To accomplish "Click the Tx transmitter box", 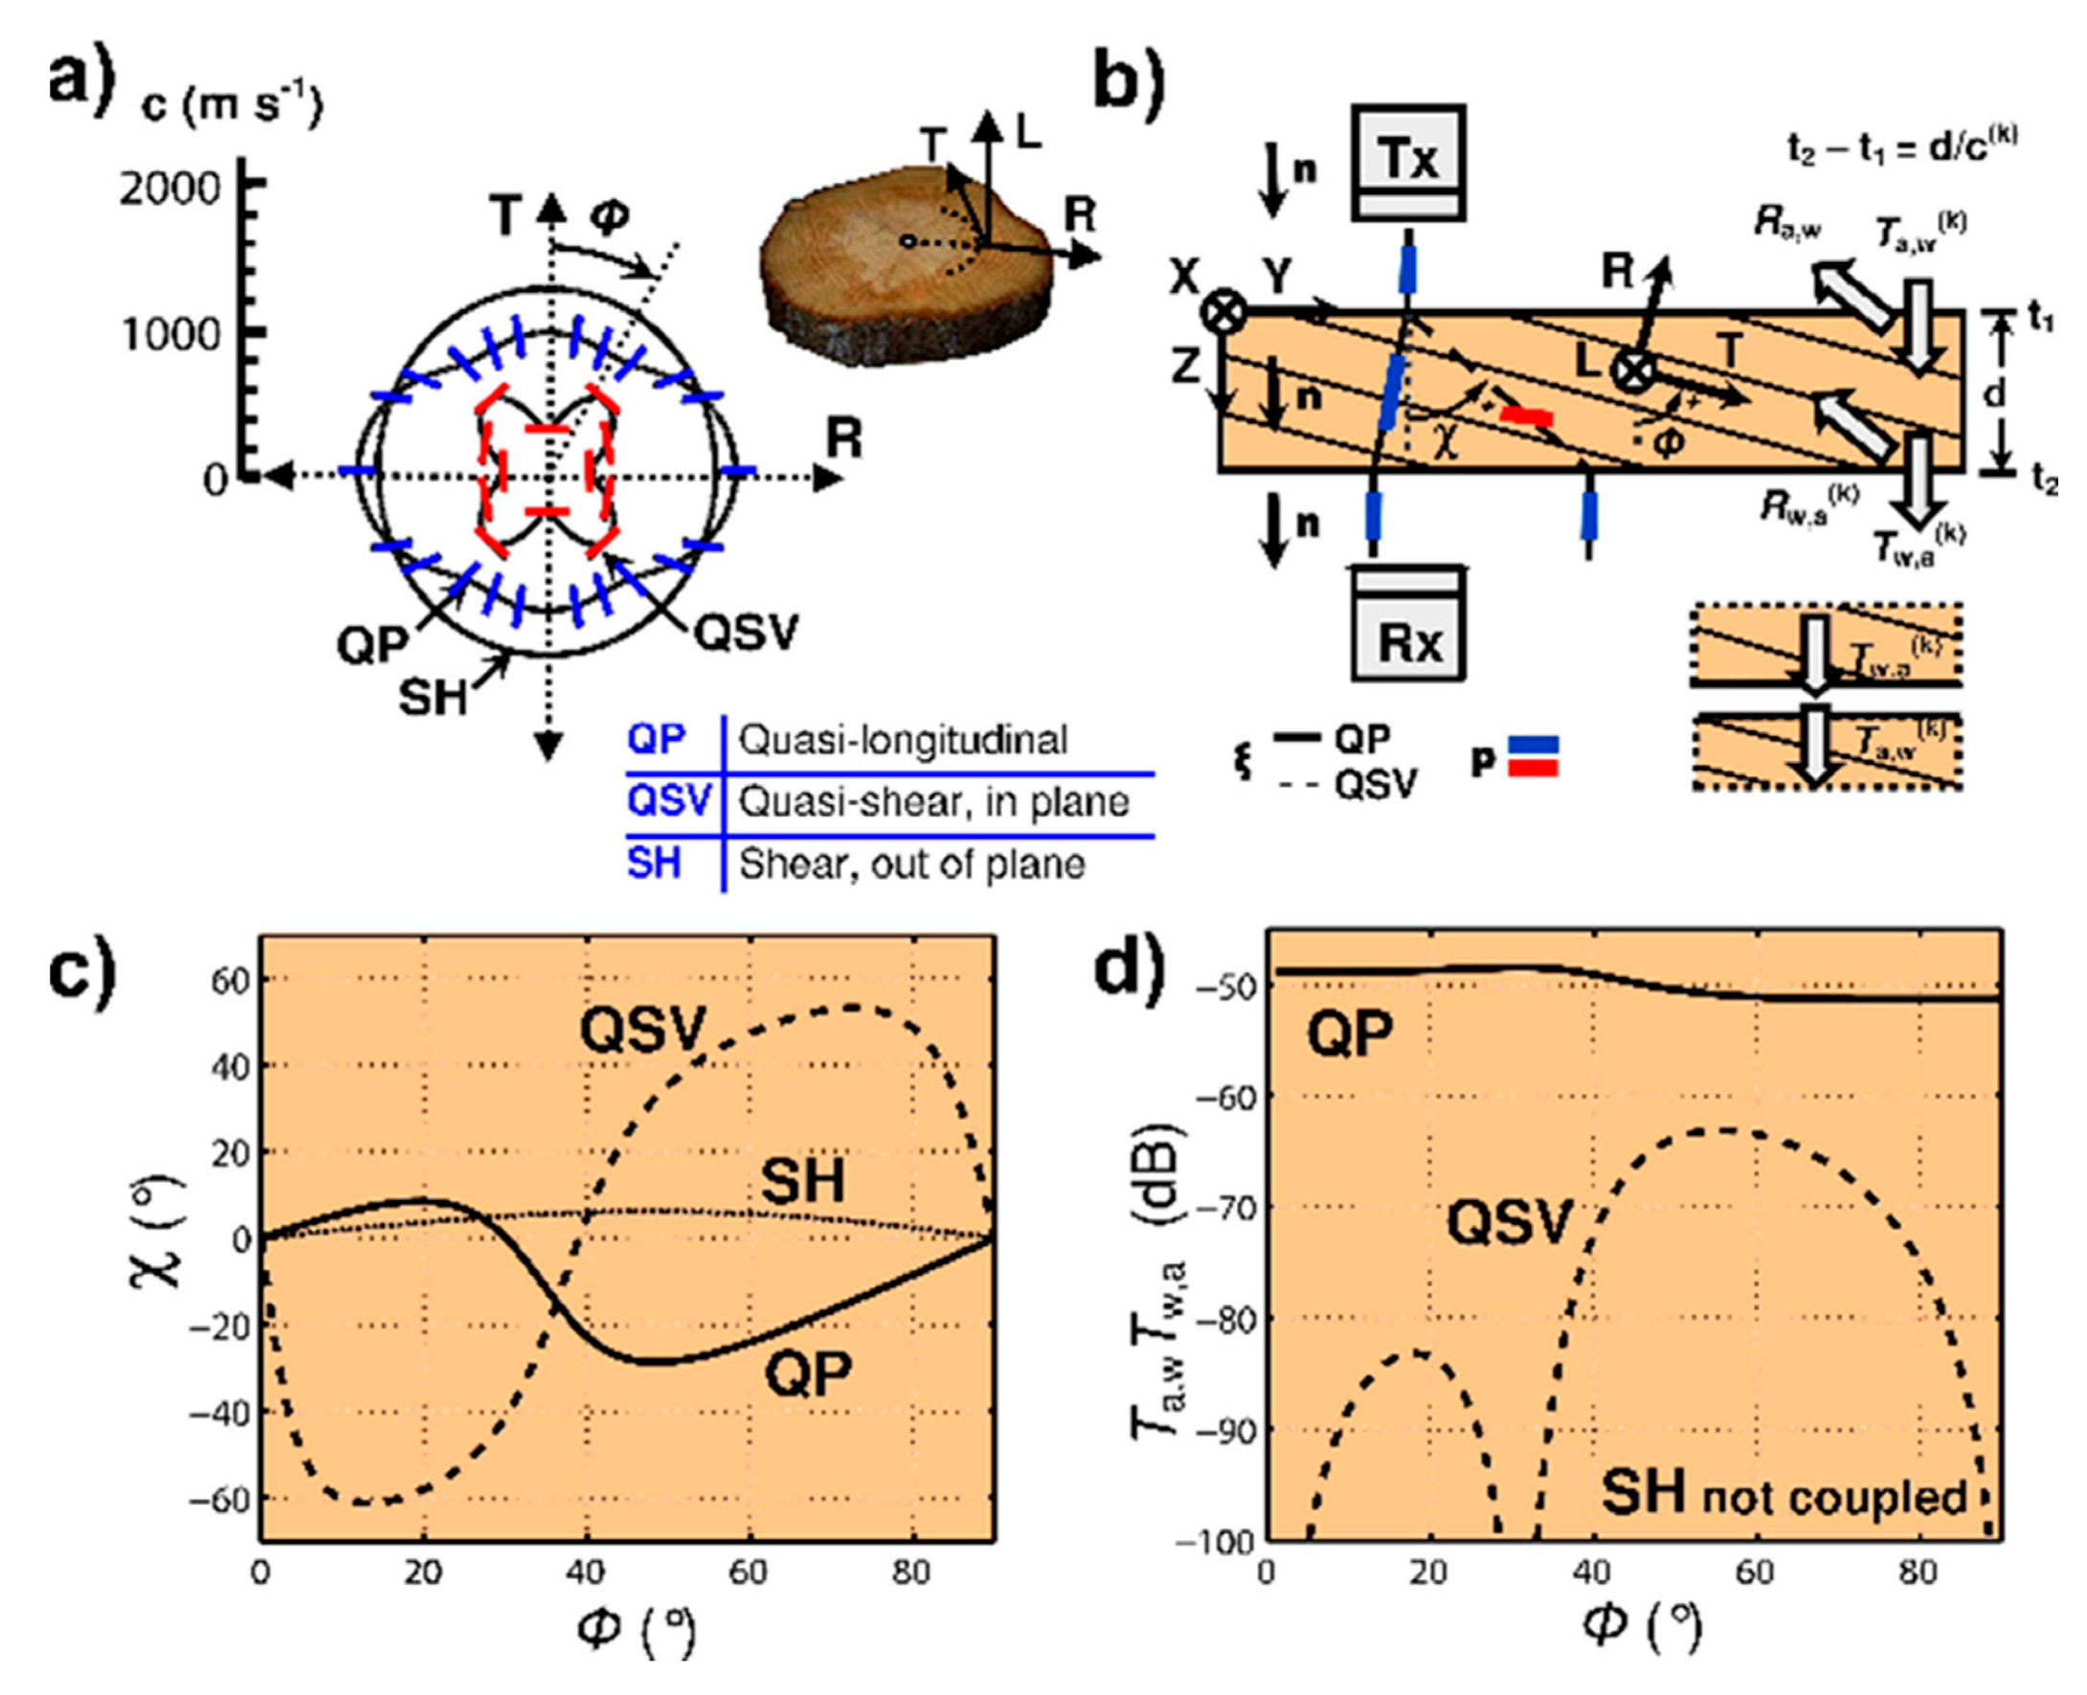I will click(1408, 162).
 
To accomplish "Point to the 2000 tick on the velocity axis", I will click(170, 188).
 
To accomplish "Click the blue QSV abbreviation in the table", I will click(669, 802).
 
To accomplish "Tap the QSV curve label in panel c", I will click(641, 1029).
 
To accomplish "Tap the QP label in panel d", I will click(1351, 1034).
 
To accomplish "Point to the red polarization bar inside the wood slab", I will click(1526, 417).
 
